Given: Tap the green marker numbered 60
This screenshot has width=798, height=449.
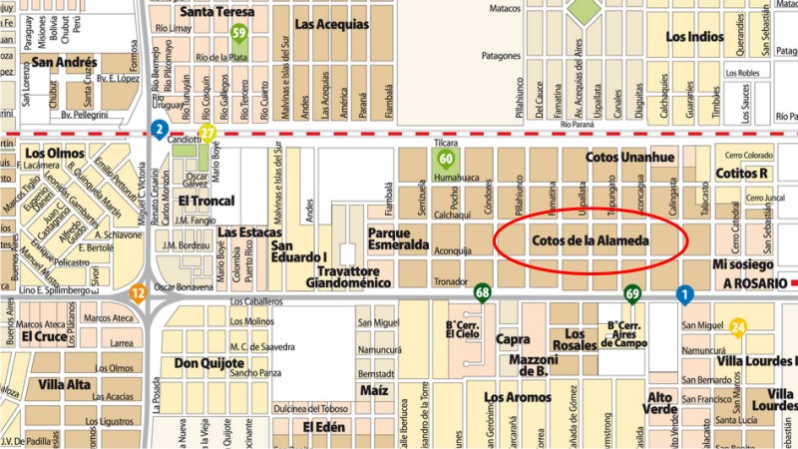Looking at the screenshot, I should (x=447, y=158).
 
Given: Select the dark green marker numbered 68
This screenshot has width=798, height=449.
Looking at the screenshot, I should (x=483, y=292).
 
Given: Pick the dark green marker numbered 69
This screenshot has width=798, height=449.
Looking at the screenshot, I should (x=632, y=293).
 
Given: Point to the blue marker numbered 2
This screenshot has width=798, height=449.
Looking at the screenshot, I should (x=159, y=128).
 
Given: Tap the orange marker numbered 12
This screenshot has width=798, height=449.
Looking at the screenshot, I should (x=139, y=292).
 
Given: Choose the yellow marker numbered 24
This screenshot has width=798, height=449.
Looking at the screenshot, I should (x=738, y=325).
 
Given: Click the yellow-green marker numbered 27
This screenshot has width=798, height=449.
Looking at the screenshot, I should (x=207, y=133).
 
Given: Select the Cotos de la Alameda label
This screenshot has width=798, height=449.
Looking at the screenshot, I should (x=591, y=241).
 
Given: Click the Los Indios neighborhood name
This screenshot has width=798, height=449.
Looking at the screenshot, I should (x=693, y=37).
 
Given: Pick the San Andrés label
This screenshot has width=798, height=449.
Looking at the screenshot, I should (x=64, y=62).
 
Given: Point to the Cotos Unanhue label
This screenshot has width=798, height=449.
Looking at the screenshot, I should (x=630, y=158).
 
